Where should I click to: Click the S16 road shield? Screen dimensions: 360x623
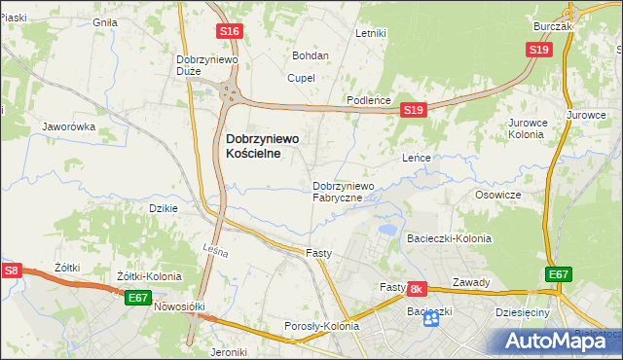(x=229, y=32)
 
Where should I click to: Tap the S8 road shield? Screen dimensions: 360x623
(x=12, y=271)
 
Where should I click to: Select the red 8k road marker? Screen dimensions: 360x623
(x=417, y=289)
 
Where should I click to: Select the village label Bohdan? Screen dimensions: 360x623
(x=311, y=55)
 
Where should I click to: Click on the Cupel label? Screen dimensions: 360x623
(x=302, y=78)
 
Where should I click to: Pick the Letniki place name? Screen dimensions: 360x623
(x=371, y=33)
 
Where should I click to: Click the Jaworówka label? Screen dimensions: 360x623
(x=67, y=126)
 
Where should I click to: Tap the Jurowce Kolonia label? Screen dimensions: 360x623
(x=526, y=128)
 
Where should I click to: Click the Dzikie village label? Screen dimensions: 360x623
(x=162, y=207)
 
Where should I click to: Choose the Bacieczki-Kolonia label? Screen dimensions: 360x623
(x=449, y=238)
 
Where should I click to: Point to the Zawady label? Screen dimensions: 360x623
(x=470, y=282)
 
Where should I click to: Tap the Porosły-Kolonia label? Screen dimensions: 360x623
(x=321, y=326)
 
